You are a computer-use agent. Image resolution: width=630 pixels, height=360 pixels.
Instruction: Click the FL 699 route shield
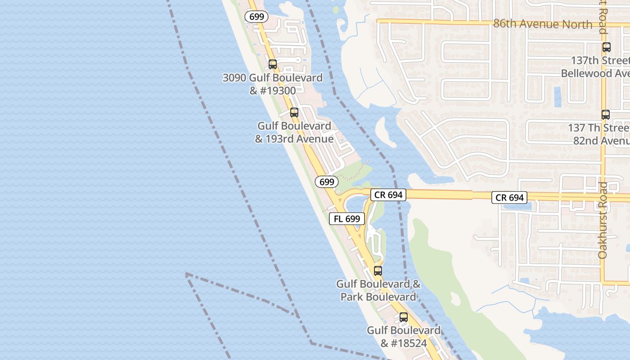(x=346, y=219)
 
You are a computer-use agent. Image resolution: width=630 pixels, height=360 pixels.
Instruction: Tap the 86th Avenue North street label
(x=543, y=24)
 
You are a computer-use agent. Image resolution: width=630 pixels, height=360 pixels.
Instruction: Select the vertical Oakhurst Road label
(x=603, y=220)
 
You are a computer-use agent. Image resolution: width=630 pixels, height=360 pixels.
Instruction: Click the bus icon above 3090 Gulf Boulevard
(x=273, y=64)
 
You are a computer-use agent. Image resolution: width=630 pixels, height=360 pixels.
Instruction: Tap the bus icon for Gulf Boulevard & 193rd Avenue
(x=294, y=112)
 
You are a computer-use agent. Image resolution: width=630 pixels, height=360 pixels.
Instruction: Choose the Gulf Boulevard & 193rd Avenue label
(x=294, y=132)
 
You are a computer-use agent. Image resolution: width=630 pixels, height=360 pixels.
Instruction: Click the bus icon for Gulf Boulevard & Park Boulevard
(x=378, y=271)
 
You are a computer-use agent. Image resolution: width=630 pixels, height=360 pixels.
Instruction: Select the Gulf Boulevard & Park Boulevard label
(x=378, y=290)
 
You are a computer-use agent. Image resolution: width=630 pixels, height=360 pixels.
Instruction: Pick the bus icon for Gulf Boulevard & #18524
(x=404, y=317)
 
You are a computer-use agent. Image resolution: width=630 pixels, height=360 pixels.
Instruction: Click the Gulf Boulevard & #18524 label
(x=404, y=337)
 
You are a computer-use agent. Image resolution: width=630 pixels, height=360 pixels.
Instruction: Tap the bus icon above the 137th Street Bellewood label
(x=607, y=47)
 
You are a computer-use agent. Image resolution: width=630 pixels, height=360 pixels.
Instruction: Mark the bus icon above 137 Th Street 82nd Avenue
(x=606, y=115)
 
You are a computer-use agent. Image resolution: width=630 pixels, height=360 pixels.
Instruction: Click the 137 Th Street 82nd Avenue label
(x=598, y=134)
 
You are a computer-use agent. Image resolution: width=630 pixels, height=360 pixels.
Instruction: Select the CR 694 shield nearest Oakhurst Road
(x=509, y=197)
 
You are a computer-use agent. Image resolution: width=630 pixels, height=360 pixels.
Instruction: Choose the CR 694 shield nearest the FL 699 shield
(x=388, y=194)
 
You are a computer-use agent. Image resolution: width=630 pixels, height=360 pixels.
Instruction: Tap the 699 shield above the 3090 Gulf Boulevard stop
(x=256, y=17)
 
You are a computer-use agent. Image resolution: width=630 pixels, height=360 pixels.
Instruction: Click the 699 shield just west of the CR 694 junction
(x=327, y=182)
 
